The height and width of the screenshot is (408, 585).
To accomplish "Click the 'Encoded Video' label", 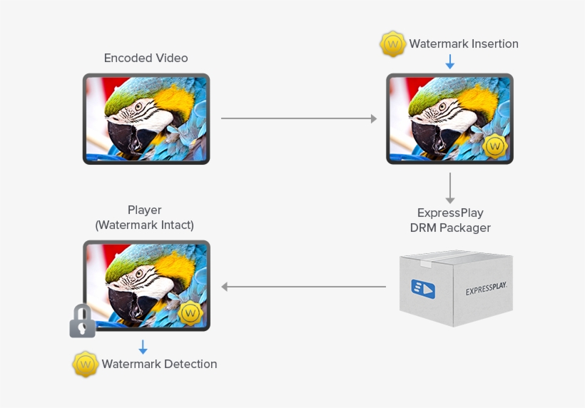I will tap(146, 58).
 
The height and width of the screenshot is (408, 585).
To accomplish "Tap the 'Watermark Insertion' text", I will tap(464, 44).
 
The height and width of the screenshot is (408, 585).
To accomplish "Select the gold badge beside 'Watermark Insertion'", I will tap(392, 44).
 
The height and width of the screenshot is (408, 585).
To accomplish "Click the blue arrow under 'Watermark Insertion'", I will tap(449, 62).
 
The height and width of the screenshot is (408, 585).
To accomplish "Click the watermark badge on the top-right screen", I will tap(494, 146).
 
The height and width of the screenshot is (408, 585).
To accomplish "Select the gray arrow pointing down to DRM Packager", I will tap(449, 188).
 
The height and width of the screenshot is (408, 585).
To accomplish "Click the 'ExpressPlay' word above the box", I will tap(450, 213).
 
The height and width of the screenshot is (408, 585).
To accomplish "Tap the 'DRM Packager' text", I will tap(450, 228).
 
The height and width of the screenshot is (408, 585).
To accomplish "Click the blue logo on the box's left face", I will tap(423, 288).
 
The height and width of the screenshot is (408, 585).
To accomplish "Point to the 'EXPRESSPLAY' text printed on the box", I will tap(486, 290).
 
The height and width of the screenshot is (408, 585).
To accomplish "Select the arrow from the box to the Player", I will tap(303, 287).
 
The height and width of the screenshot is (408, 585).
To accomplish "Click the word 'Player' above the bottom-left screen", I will tap(145, 210).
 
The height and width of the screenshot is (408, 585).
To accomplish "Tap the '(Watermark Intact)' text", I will tap(145, 225).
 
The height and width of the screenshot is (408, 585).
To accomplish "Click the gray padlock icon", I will tap(82, 322).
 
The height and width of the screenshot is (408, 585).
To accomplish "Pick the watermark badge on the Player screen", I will tap(190, 312).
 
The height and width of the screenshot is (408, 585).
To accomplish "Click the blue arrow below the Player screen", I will tap(143, 347).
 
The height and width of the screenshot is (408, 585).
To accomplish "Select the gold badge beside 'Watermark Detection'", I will tap(85, 364).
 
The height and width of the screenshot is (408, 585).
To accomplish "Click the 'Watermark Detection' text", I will tap(159, 364).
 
